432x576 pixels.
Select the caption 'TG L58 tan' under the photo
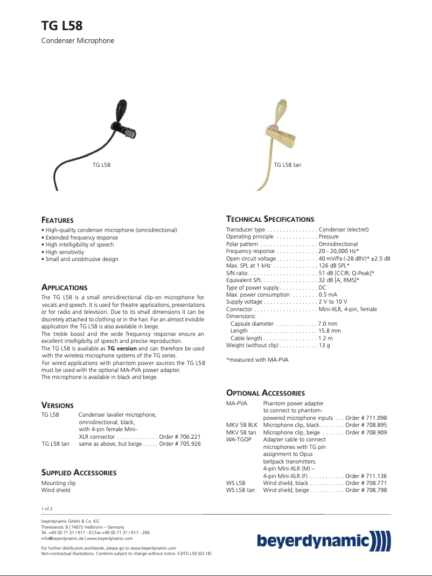pyautogui.click(x=287, y=165)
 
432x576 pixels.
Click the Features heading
pyautogui.click(x=58, y=220)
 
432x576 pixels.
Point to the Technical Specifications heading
pyautogui.click(x=270, y=219)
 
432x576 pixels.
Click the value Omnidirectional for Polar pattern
pyautogui.click(x=338, y=244)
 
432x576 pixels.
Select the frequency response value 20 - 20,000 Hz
pyautogui.click(x=338, y=251)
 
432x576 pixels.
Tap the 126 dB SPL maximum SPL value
pyautogui.click(x=334, y=266)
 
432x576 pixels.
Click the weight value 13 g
pyautogui.click(x=324, y=345)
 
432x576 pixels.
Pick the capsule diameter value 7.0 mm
pyautogui.click(x=328, y=324)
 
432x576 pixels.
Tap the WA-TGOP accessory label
pyautogui.click(x=239, y=440)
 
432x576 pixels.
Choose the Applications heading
pyautogui.click(x=64, y=287)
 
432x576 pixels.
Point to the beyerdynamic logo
pyautogui.click(x=323, y=540)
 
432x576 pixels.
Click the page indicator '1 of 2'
pyautogui.click(x=47, y=509)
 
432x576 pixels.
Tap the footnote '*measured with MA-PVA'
pyautogui.click(x=257, y=360)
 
